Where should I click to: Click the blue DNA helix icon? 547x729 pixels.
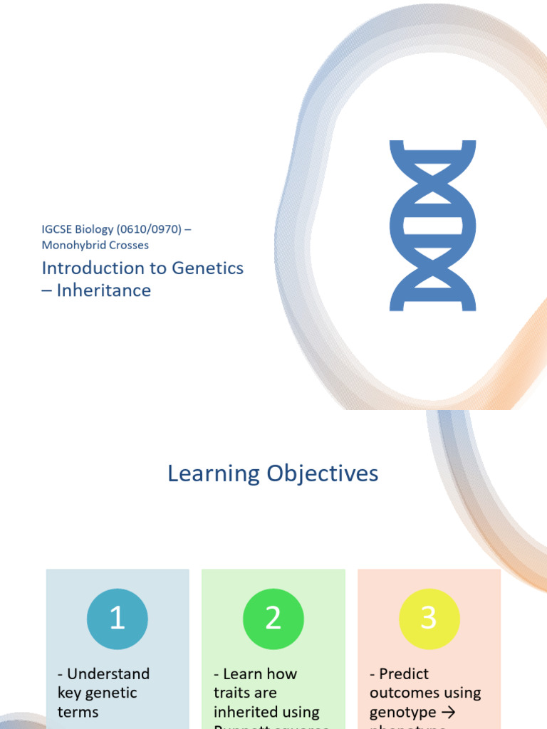(x=432, y=226)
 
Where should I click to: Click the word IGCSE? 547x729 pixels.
(x=57, y=229)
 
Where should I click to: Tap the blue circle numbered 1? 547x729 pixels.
(x=118, y=619)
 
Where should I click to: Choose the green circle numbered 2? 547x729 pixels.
(x=273, y=619)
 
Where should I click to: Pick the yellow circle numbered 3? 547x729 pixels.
(x=429, y=619)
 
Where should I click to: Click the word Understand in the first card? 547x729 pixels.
(x=108, y=673)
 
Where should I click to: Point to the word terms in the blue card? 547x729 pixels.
(x=78, y=712)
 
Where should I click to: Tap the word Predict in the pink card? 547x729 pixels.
(x=404, y=673)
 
